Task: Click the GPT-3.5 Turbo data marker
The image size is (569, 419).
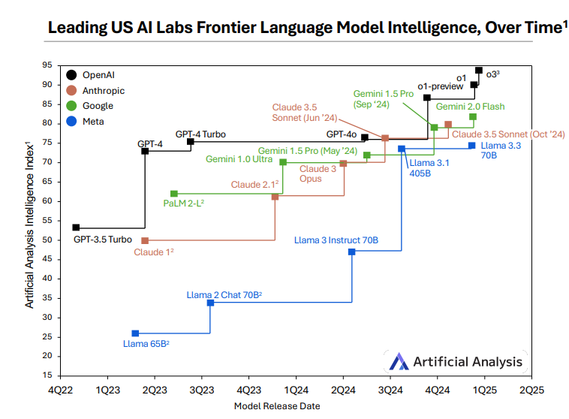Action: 76,228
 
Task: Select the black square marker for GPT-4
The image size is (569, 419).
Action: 145,151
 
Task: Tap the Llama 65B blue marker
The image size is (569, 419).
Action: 135,333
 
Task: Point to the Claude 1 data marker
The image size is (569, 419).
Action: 145,240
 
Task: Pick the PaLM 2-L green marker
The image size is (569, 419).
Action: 174,194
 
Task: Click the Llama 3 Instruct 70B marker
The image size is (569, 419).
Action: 352,252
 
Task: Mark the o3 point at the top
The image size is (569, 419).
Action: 479,70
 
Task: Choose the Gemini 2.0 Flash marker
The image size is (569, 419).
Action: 473,116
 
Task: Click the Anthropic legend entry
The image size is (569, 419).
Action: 104,90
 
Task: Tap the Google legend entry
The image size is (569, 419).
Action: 98,106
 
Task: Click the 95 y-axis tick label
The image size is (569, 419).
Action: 46,65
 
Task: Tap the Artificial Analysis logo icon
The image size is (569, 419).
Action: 398,362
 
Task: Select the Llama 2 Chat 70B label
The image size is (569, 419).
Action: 224,295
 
